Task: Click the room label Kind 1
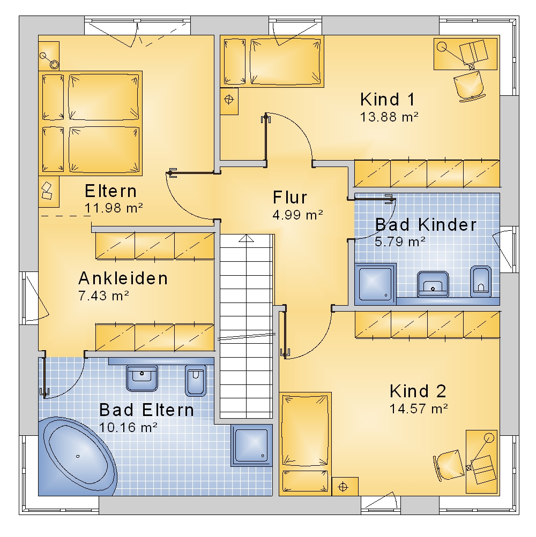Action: pyautogui.click(x=388, y=100)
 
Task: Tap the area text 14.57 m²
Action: pyautogui.click(x=419, y=409)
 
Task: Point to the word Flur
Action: pyautogui.click(x=290, y=198)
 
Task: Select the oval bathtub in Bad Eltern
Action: pyautogui.click(x=78, y=456)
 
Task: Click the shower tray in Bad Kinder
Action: pyautogui.click(x=376, y=284)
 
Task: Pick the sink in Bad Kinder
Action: pyautogui.click(x=433, y=284)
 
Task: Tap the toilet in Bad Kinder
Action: pyautogui.click(x=481, y=281)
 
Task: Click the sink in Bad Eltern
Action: pyautogui.click(x=142, y=378)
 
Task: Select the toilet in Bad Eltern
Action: pyautogui.click(x=196, y=381)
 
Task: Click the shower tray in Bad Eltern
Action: pyautogui.click(x=252, y=445)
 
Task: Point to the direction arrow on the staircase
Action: pyautogui.click(x=246, y=238)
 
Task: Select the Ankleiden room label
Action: pyautogui.click(x=123, y=278)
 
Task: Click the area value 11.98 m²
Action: pyautogui.click(x=114, y=208)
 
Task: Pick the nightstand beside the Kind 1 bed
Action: pyautogui.click(x=229, y=101)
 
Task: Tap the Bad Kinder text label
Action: pyautogui.click(x=426, y=225)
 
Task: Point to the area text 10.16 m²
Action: pyautogui.click(x=128, y=427)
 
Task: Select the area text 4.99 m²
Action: pyautogui.click(x=297, y=215)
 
